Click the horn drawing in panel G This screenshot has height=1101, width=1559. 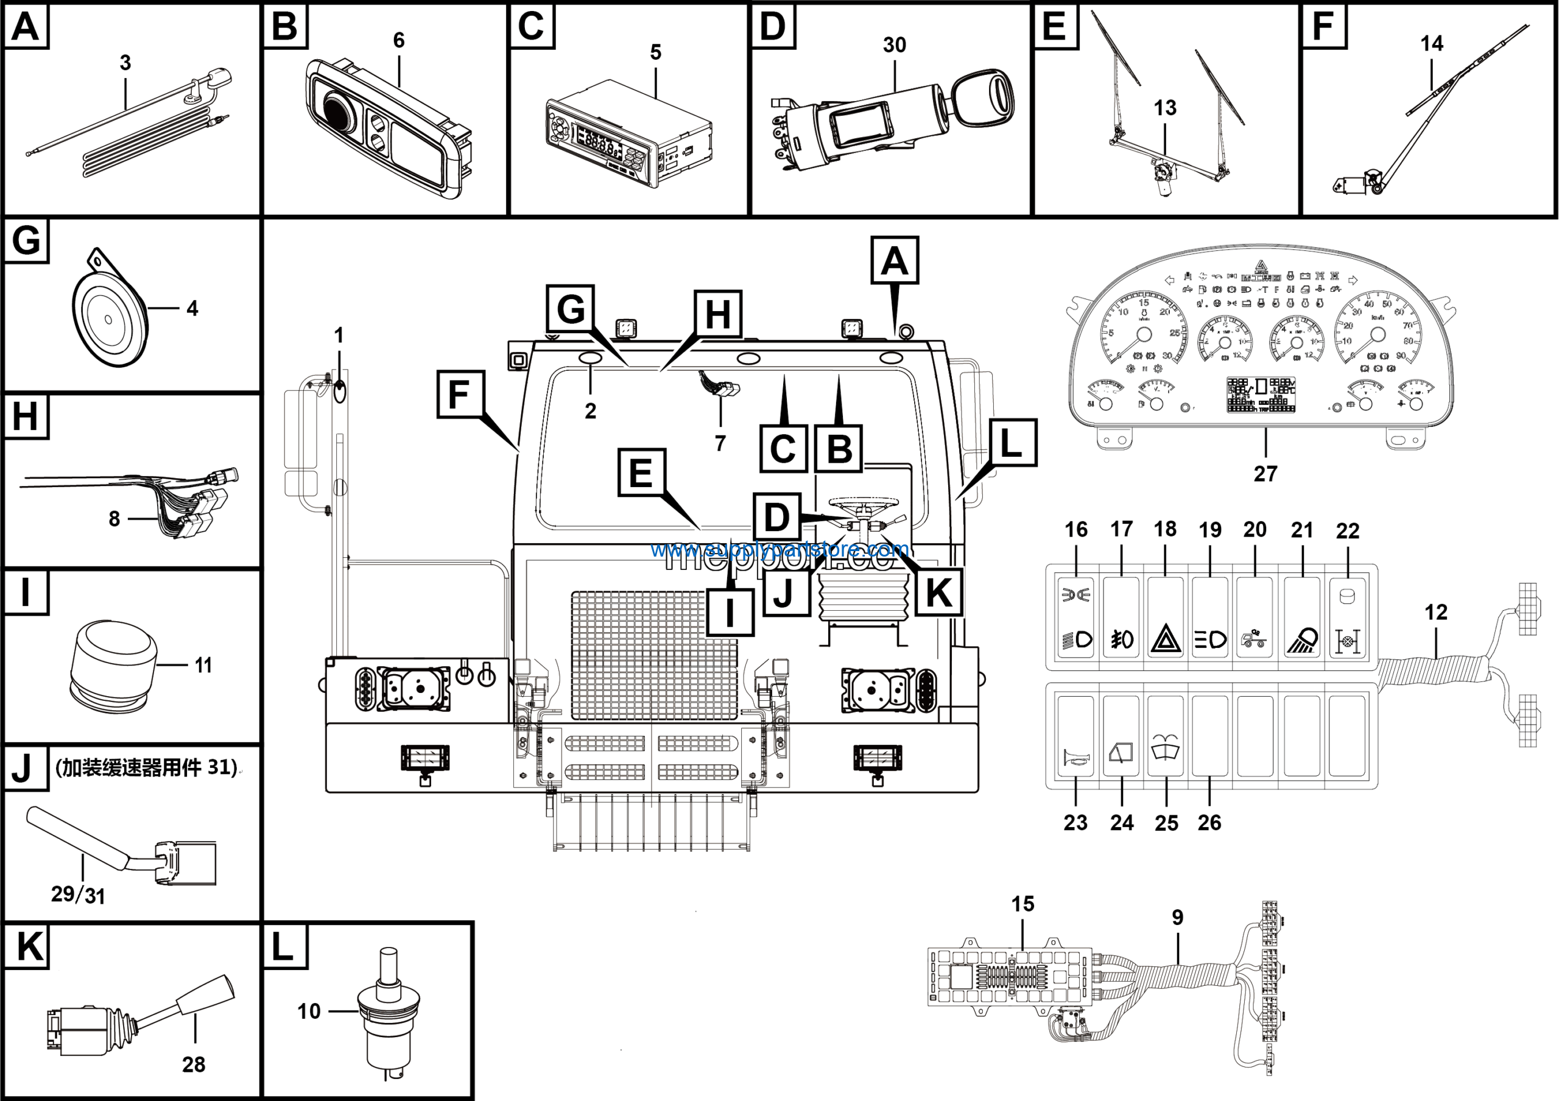point(108,318)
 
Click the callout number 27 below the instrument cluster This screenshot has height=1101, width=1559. point(1265,473)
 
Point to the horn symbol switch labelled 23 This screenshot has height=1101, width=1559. point(1076,736)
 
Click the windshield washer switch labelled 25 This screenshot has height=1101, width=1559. point(1166,736)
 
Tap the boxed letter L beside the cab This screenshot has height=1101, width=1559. point(1012,443)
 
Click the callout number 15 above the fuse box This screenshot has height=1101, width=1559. point(1022,904)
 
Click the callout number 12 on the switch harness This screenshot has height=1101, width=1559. point(1435,611)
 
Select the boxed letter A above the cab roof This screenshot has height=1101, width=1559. point(894,261)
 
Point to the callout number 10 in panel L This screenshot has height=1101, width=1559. point(309,1011)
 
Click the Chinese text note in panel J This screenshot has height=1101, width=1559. point(146,767)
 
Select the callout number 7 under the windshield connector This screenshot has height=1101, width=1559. point(720,443)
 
